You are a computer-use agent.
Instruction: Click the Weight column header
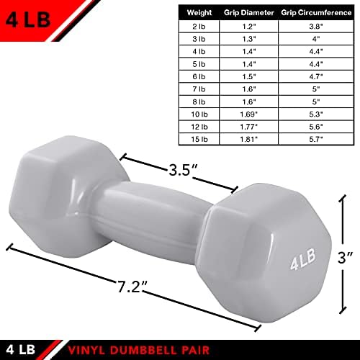click(x=199, y=13)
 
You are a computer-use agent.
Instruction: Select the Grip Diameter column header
click(x=249, y=13)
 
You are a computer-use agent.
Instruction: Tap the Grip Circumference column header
click(x=316, y=13)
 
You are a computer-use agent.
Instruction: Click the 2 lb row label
click(x=199, y=27)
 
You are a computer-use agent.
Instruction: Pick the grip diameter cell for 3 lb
click(x=249, y=39)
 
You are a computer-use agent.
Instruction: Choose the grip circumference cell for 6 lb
click(x=316, y=76)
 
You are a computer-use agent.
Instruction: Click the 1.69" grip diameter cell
click(x=249, y=114)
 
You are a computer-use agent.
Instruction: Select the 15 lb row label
click(x=199, y=139)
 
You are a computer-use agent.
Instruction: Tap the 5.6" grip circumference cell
click(x=316, y=127)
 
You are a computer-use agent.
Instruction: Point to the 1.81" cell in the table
click(x=249, y=139)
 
